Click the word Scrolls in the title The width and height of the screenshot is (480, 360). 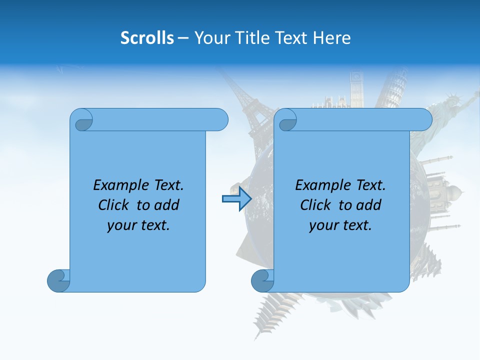tap(147, 37)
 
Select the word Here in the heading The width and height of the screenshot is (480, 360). tap(332, 37)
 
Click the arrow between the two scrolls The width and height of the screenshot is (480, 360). tap(236, 198)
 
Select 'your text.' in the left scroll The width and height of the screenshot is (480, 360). tap(138, 225)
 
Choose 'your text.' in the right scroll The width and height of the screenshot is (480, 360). tap(340, 225)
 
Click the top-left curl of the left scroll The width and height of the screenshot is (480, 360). tap(82, 120)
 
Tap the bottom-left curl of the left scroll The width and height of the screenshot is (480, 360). tap(59, 280)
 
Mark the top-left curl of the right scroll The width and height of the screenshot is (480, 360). tap(286, 120)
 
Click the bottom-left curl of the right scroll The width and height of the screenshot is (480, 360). tap(263, 280)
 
